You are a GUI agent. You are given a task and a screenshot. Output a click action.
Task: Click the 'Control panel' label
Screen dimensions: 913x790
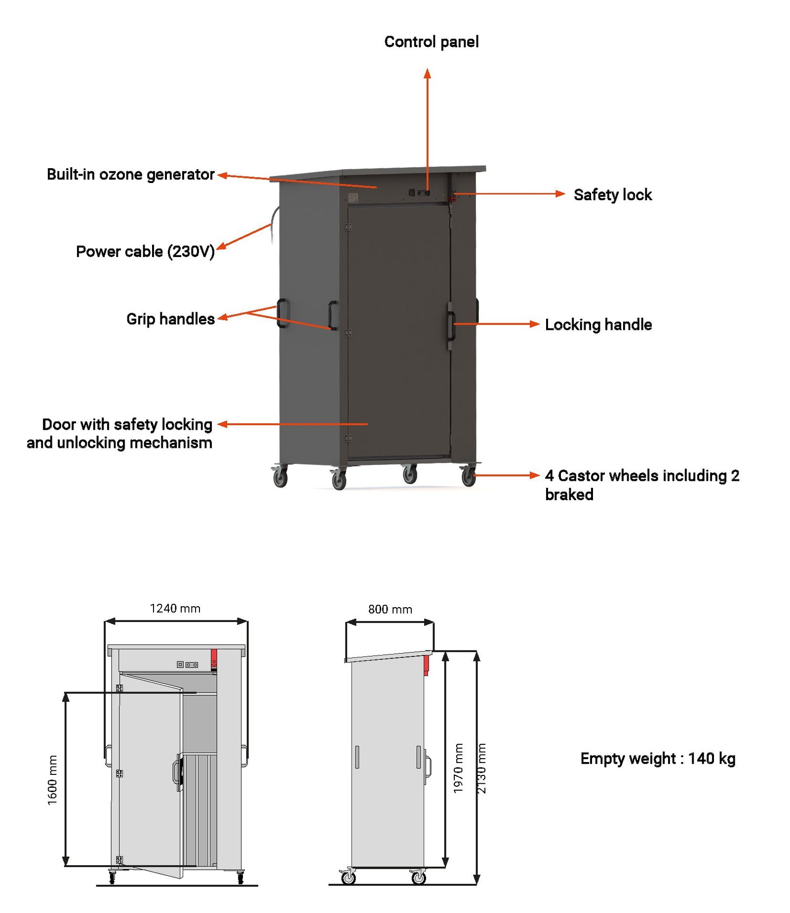[431, 42]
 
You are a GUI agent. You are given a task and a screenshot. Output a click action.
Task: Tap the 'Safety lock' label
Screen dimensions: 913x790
[612, 195]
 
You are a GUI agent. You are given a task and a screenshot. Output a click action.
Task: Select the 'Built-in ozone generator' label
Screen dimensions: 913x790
[130, 174]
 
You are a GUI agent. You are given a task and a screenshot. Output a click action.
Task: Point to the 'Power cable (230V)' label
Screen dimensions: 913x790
[145, 252]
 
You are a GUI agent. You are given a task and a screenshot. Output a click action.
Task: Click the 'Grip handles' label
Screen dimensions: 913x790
[170, 319]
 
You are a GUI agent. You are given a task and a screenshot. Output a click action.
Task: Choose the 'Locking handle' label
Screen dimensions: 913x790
[598, 325]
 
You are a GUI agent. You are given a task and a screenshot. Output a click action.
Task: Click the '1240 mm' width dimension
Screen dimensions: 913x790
[175, 608]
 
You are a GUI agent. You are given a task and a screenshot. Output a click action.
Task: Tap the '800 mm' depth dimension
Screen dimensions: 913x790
[390, 609]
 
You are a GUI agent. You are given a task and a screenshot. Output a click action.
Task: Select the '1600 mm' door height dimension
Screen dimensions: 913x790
[52, 779]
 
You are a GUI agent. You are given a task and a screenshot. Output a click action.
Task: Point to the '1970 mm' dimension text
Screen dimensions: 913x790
[458, 768]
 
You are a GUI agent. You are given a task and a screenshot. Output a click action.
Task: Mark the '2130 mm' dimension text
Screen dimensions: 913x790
[481, 768]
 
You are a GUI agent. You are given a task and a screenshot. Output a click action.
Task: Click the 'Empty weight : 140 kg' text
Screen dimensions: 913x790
[657, 758]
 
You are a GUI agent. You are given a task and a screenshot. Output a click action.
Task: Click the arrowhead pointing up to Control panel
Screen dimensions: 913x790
[427, 74]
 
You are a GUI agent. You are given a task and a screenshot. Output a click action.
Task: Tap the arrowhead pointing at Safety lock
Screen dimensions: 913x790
[559, 194]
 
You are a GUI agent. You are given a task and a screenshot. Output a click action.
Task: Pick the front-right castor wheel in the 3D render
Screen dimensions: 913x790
[468, 476]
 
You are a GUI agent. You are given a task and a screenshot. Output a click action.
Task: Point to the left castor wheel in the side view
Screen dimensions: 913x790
[349, 876]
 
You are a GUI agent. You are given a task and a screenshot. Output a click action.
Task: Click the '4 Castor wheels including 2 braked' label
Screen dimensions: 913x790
[641, 484]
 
